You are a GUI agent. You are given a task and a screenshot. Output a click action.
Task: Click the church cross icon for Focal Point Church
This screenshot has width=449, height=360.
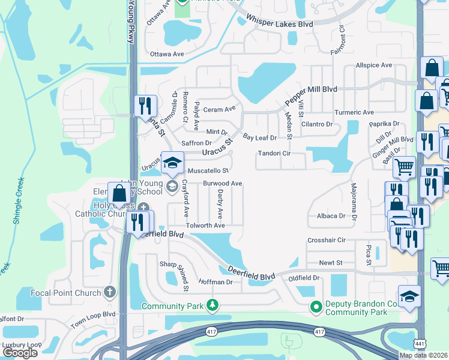click(x=109, y=292)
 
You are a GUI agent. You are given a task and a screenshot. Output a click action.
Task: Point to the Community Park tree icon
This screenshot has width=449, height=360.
click(x=212, y=306)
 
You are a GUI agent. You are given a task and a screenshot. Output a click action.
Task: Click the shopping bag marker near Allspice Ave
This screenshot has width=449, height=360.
click(x=432, y=70)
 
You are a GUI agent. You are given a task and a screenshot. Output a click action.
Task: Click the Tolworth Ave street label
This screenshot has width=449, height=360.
click(x=205, y=226)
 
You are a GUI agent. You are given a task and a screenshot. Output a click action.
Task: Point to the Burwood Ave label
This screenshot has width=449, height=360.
click(x=222, y=183)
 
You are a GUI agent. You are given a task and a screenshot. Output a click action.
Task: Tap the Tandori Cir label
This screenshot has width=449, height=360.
click(x=274, y=154)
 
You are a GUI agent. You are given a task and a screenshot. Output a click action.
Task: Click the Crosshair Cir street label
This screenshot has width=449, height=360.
click(x=327, y=240)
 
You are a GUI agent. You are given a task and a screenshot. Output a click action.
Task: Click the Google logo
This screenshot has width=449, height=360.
click(x=20, y=353)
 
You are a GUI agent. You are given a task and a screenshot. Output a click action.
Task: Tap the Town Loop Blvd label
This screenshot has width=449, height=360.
click(x=92, y=314)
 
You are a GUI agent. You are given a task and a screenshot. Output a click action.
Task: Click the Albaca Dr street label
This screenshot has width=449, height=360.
click(x=331, y=216)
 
